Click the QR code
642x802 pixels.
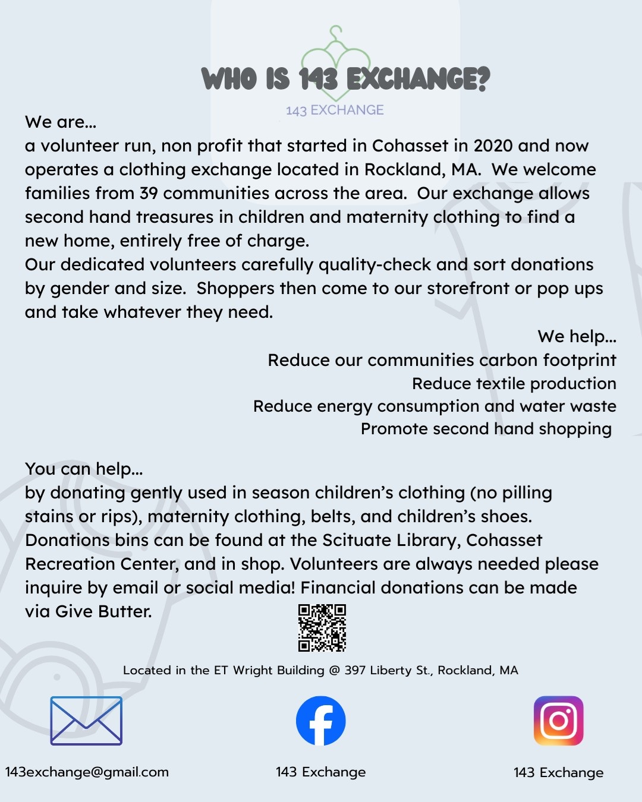322,628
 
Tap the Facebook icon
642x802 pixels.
321,721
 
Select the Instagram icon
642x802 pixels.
558,721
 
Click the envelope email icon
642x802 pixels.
86,721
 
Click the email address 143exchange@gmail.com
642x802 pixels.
87,772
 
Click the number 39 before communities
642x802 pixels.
149,193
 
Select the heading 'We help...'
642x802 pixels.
577,336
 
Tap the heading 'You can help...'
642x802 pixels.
84,469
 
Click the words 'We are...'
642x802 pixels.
60,122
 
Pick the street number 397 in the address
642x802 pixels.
355,670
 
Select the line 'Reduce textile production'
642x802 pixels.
514,384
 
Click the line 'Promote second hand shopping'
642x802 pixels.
486,429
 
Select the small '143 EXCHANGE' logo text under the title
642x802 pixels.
335,110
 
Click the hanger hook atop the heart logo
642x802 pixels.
336,32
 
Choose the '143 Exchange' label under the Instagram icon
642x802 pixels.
558,772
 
